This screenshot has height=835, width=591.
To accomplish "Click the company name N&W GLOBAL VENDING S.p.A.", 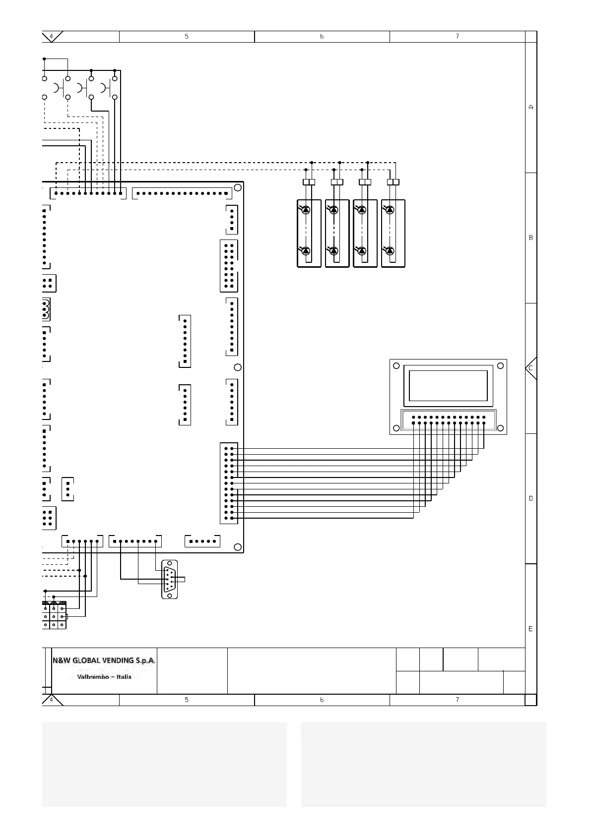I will click(x=104, y=660).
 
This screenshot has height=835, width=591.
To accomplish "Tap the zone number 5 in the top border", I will click(x=187, y=36).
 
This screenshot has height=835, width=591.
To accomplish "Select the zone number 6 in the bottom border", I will click(x=322, y=700).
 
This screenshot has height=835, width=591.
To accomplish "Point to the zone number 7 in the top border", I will click(x=457, y=36).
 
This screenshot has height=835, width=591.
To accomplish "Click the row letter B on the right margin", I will click(x=530, y=238).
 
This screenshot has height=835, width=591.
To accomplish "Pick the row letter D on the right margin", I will click(x=530, y=498).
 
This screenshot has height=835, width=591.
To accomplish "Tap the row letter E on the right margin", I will click(x=530, y=629).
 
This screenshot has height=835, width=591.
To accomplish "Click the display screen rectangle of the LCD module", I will click(x=448, y=385).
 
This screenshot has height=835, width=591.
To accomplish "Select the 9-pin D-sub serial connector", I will click(x=170, y=579).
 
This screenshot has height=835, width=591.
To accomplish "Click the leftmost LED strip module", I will click(x=309, y=233).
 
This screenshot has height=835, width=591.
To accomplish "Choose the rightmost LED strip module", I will click(x=393, y=233).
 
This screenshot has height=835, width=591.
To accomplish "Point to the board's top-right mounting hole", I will click(x=238, y=187).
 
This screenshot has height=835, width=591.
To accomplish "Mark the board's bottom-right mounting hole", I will click(x=238, y=547).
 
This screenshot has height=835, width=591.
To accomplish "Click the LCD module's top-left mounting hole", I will click(x=396, y=366).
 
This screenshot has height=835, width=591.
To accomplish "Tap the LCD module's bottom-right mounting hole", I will click(x=501, y=428).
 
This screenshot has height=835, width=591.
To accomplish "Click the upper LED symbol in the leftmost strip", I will click(x=306, y=210).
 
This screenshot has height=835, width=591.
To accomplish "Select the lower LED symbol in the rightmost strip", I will click(x=390, y=251).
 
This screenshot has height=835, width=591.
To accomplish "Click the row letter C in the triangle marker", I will click(x=530, y=368).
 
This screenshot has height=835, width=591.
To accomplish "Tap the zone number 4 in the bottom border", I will click(x=51, y=700).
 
